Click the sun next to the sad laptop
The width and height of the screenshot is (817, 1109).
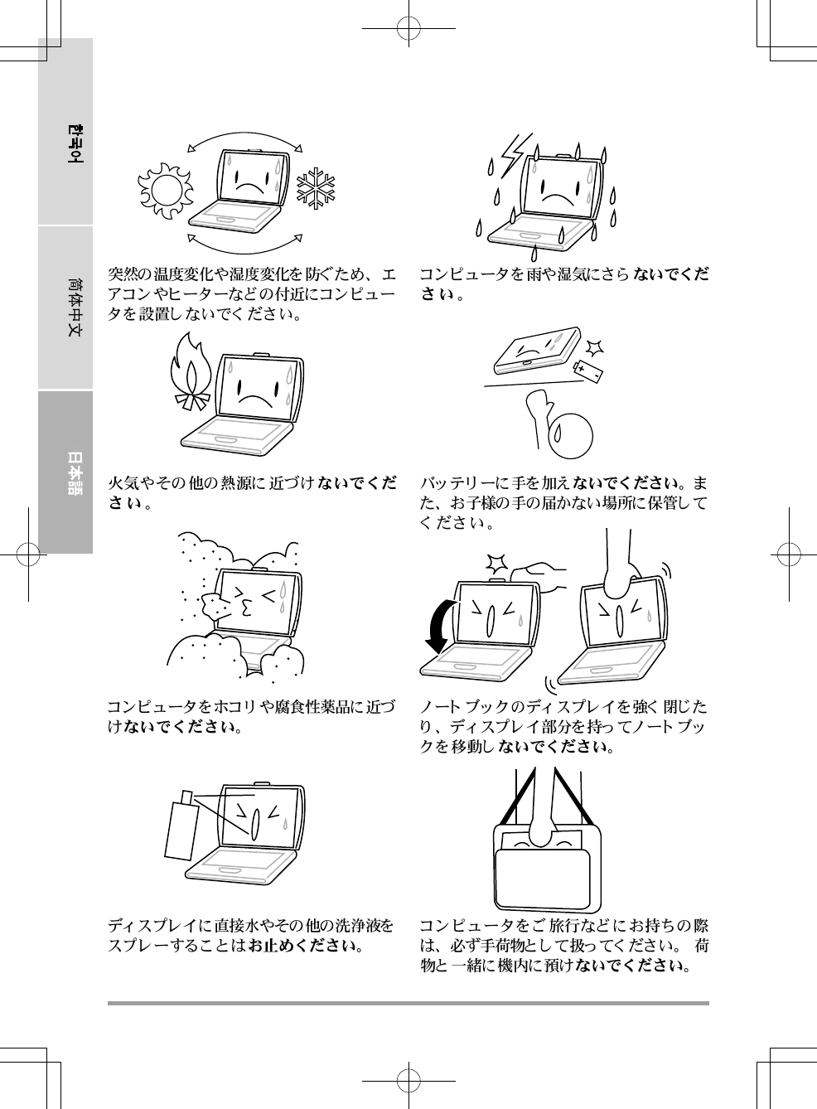(165, 191)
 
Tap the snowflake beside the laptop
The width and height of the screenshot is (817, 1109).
(315, 187)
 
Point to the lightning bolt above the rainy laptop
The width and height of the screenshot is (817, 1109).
(515, 155)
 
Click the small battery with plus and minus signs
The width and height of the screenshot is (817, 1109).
(587, 371)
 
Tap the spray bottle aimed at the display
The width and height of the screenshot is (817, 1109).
(181, 826)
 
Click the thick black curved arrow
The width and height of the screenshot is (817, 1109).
(442, 627)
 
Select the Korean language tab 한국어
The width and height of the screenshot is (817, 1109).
(75, 143)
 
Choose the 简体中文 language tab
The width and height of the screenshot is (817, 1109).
(75, 308)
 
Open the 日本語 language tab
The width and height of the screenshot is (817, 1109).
(75, 472)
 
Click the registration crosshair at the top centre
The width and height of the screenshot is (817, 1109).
(408, 29)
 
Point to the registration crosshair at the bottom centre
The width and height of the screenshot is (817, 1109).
(408, 1081)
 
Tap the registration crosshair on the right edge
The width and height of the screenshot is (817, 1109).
(789, 554)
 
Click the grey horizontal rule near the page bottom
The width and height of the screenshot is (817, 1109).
(408, 1004)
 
